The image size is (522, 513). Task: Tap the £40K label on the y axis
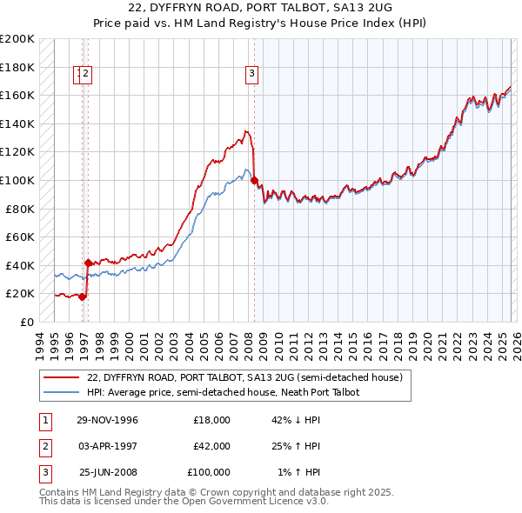(20, 265)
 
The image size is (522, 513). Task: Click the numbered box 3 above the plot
(251, 75)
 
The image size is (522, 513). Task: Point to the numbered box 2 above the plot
(87, 75)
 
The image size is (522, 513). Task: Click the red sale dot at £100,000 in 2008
(254, 181)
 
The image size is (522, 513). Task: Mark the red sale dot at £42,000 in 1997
(88, 262)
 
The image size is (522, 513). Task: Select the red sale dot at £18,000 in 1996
(83, 296)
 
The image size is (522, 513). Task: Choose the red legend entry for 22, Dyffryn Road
(244, 378)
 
